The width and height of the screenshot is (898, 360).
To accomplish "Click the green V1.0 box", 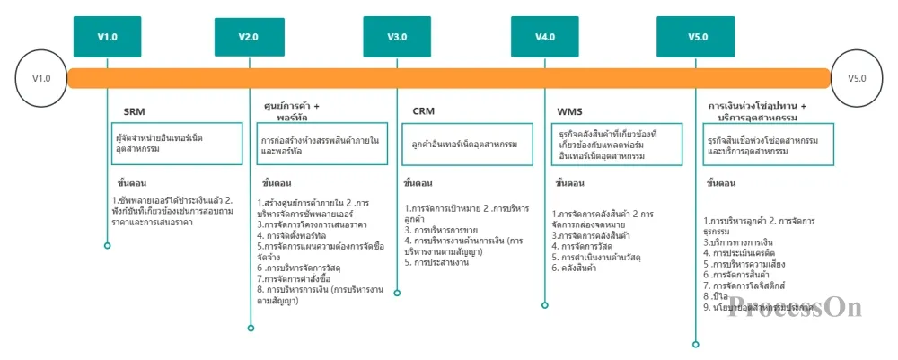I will (x=107, y=37).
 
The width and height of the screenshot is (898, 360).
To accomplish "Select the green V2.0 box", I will (x=249, y=37).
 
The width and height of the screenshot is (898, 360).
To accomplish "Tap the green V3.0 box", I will (x=397, y=37).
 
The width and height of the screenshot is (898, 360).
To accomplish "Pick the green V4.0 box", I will (x=544, y=37).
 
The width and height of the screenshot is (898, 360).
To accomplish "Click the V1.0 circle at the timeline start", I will (x=41, y=78).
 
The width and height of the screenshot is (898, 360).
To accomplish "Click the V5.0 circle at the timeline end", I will (x=857, y=78).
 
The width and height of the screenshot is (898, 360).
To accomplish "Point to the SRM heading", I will (x=134, y=111).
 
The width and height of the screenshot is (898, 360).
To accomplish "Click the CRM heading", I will (x=423, y=111).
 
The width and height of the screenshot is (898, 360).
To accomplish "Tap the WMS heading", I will (x=569, y=111).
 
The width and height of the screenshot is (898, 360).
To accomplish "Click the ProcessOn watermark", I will (x=795, y=307).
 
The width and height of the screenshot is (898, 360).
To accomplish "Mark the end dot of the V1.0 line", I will (x=107, y=245).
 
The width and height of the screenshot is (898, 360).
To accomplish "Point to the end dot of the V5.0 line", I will (x=695, y=343).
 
